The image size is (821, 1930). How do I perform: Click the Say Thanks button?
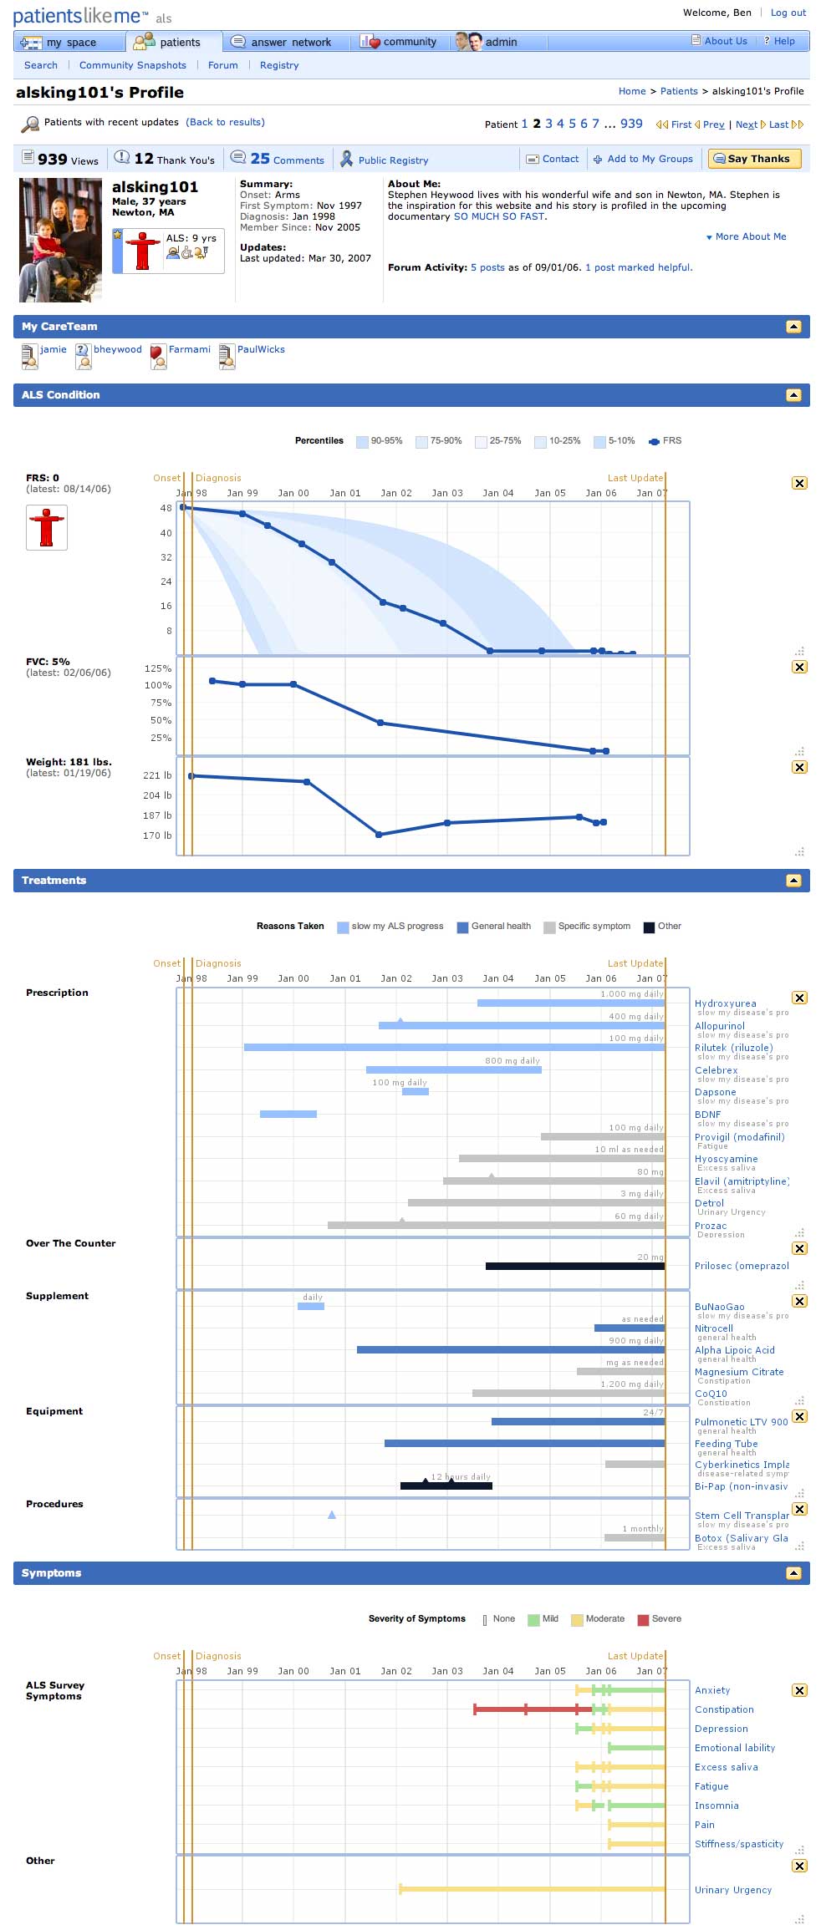click(754, 159)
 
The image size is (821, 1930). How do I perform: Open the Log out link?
click(788, 13)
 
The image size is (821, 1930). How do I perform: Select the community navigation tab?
click(400, 42)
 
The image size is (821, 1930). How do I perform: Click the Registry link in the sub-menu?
click(279, 65)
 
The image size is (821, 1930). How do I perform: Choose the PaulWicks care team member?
click(260, 349)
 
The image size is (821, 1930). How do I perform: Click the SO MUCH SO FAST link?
click(499, 216)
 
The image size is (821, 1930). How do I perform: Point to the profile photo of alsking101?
click(60, 240)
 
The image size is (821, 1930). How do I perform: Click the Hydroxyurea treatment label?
click(725, 1003)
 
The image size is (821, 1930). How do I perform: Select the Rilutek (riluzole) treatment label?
click(733, 1048)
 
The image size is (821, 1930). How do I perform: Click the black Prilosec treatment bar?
click(574, 1266)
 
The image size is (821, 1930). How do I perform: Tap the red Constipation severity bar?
click(524, 1709)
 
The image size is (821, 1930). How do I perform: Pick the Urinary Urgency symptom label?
click(732, 1890)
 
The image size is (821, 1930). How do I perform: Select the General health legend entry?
click(500, 926)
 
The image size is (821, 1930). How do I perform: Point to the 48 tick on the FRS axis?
click(166, 508)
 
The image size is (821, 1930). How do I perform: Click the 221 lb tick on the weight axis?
click(157, 775)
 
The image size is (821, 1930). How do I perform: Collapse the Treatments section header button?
click(793, 881)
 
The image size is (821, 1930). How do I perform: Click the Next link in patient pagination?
click(746, 124)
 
